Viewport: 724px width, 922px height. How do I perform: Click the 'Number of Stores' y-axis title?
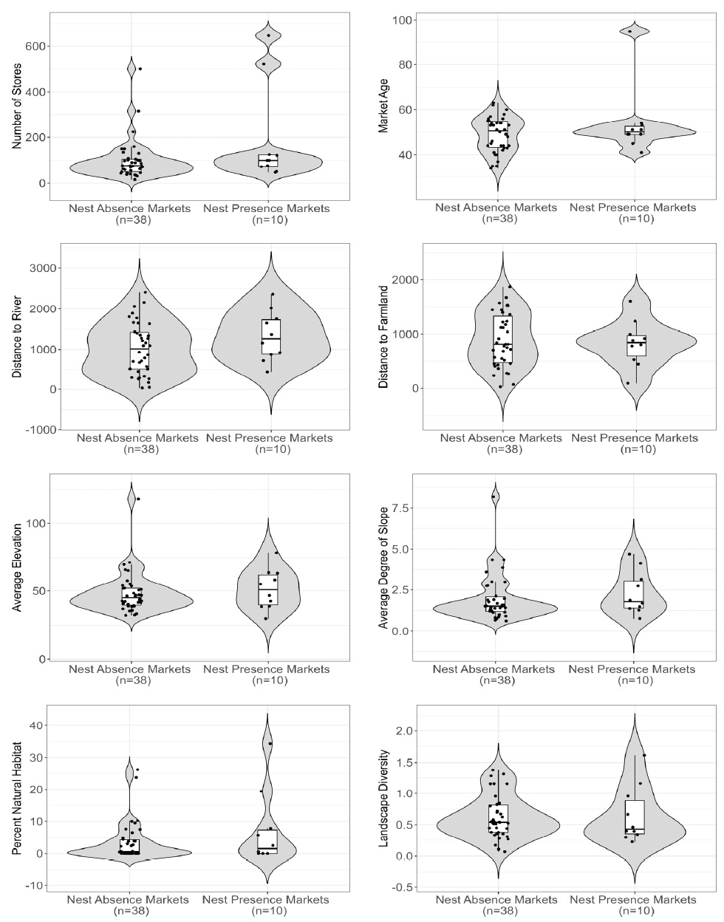pos(17,106)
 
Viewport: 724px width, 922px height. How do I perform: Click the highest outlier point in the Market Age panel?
pos(630,31)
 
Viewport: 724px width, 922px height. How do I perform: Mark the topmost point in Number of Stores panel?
pos(268,35)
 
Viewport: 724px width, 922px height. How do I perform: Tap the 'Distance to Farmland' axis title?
pos(384,336)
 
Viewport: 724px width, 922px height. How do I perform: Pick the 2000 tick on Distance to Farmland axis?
pos(404,279)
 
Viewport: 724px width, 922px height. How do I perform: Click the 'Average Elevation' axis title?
pos(17,567)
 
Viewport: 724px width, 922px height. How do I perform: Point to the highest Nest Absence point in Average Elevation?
pos(138,499)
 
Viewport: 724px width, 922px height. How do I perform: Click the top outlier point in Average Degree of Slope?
pos(493,496)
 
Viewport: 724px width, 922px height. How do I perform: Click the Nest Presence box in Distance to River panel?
pos(271,336)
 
